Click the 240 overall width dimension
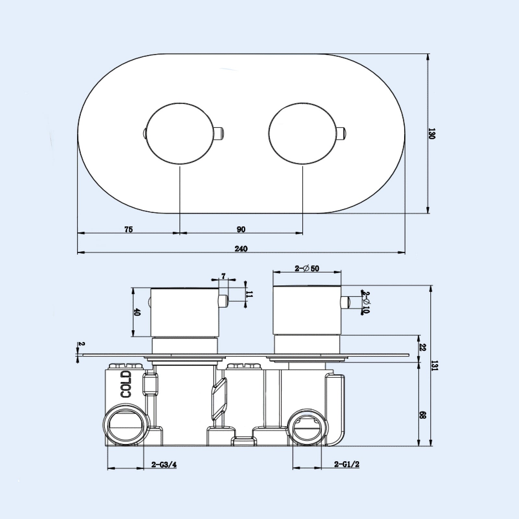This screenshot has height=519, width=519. point(241,249)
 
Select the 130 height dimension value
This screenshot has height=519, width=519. point(431,133)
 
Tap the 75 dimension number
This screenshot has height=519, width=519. point(128,229)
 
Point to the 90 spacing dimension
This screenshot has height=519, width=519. point(241,229)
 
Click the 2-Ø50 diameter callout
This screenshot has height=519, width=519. point(307,269)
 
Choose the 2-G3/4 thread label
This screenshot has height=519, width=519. point(164,465)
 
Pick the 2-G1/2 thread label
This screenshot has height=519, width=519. point(347,465)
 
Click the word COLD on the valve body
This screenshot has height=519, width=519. point(126,385)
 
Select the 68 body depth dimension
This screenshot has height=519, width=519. point(422,416)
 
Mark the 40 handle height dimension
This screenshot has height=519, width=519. point(137,312)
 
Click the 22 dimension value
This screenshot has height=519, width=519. point(422,347)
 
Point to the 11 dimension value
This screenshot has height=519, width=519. point(249,295)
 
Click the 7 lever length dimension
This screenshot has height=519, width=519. point(223,276)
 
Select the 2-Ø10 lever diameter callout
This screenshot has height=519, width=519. point(367,302)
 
